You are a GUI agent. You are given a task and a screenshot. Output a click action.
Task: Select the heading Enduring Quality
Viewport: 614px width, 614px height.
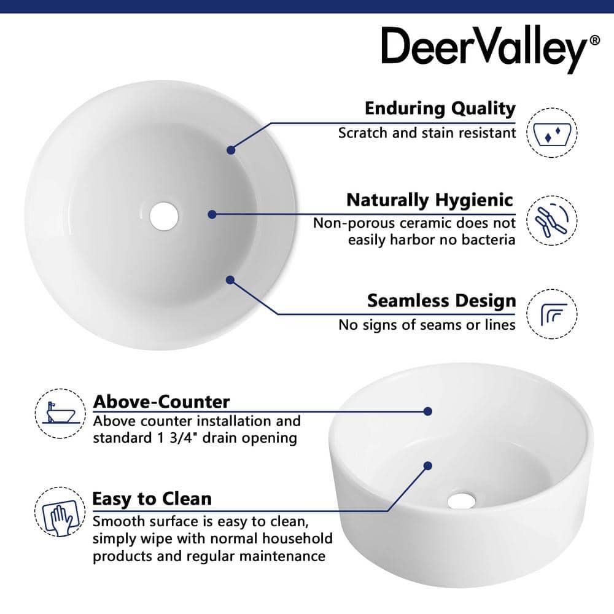(440, 109)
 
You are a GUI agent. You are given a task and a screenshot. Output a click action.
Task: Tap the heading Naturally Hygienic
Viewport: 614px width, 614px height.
(429, 200)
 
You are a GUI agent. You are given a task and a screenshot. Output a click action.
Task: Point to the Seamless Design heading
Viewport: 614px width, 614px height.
(441, 301)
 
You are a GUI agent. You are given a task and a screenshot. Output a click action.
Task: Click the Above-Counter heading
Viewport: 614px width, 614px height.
(161, 402)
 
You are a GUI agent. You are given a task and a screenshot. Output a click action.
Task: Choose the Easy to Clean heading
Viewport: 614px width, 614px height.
(152, 499)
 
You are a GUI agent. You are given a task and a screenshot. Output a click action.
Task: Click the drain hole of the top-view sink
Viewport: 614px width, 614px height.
(164, 216)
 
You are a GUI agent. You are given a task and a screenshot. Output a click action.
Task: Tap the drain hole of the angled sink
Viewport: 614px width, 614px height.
(461, 500)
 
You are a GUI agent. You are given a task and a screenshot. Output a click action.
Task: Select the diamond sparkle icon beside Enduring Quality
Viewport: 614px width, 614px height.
(552, 133)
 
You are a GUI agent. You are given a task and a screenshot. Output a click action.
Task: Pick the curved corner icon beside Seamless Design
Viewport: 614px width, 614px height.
(552, 314)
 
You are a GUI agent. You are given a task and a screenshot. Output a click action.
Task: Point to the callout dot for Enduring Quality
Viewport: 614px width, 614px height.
(231, 150)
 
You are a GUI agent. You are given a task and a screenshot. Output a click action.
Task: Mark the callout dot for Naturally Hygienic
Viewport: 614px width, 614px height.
(212, 214)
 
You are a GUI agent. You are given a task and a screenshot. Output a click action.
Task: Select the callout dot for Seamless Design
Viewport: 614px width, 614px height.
(230, 280)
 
